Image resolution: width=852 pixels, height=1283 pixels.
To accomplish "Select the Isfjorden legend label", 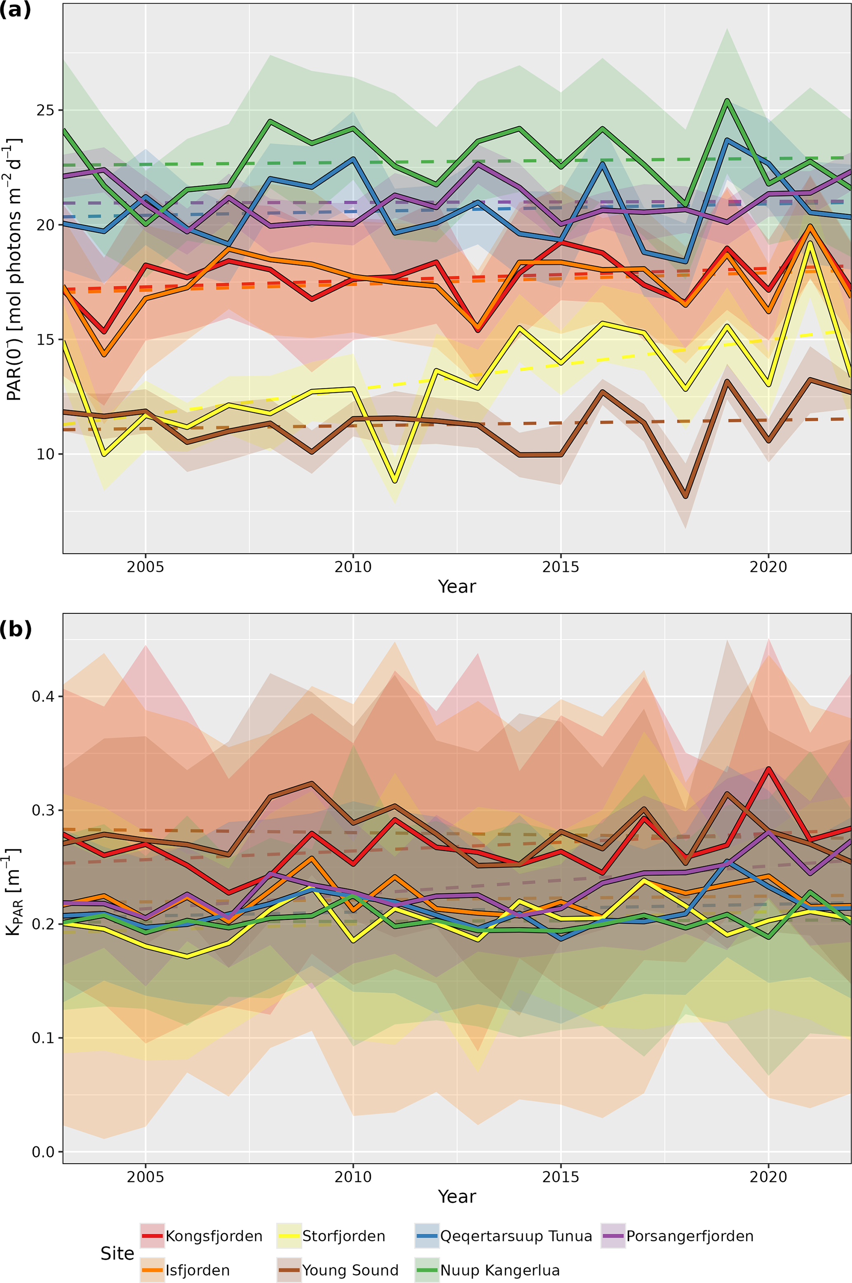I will click(197, 1270).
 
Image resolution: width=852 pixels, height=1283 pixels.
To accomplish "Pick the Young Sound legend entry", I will click(350, 1270).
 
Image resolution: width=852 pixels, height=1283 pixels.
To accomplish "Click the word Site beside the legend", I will click(117, 1253).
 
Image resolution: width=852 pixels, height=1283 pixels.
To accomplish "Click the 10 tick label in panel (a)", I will click(47, 454).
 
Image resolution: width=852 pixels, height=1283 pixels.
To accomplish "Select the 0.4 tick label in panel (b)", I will click(43, 696).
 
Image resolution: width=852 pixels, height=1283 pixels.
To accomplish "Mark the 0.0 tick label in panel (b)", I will click(43, 1152).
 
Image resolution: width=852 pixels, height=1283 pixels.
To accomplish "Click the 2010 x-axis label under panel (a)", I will click(353, 567).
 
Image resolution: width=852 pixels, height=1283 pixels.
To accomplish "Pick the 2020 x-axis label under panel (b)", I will click(768, 1177).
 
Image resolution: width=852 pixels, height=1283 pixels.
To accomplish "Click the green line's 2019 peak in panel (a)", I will click(726, 100).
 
